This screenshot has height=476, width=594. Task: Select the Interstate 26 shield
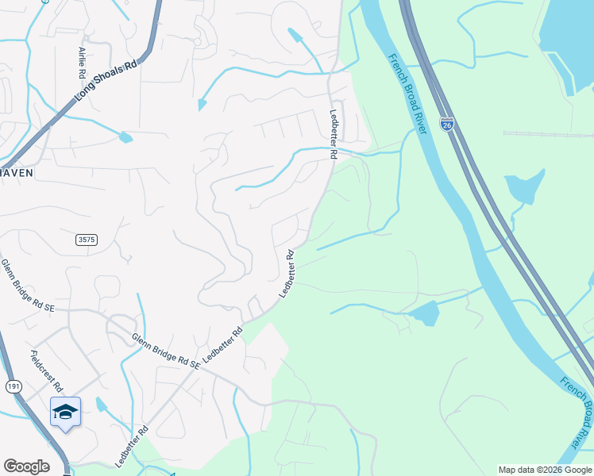click(449, 125)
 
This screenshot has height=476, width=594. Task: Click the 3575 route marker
click(87, 240)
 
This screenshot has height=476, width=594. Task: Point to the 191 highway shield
click(13, 386)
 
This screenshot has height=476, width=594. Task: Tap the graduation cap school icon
click(65, 411)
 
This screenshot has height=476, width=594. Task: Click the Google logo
click(26, 466)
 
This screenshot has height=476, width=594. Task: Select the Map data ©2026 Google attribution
click(545, 470)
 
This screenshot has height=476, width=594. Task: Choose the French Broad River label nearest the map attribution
click(577, 410)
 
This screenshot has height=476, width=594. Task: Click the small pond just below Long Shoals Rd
click(125, 138)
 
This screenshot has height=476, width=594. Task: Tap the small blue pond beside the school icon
click(100, 405)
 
